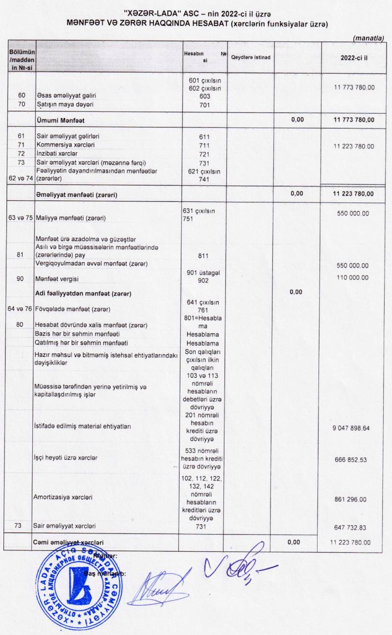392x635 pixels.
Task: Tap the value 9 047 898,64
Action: [x=350, y=428]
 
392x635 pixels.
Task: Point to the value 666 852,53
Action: [x=350, y=460]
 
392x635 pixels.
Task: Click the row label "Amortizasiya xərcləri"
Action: [x=63, y=497]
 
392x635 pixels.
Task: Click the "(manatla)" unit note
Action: [x=368, y=38]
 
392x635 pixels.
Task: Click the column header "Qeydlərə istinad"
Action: [x=250, y=57]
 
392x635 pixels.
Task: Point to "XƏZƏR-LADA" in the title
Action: [x=162, y=13]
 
